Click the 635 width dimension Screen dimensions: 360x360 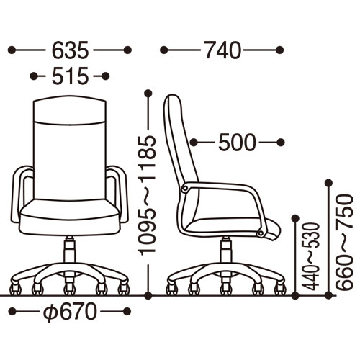point(71,50)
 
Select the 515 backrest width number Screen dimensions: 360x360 point(71,76)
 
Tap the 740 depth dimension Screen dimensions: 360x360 point(222,50)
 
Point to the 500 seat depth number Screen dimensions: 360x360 point(237,143)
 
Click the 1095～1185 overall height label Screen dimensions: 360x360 point(148,195)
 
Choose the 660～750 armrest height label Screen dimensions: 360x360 point(344,242)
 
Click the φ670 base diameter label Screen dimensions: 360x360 point(70,312)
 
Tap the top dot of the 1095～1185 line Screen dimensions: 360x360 point(148,93)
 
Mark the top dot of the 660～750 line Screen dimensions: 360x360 point(328,183)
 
